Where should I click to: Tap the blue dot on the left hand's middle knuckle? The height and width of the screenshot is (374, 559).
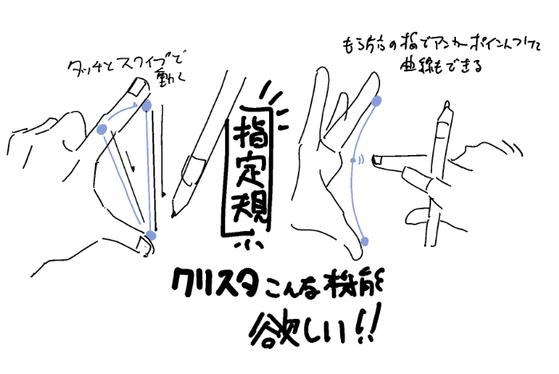(x=101, y=129)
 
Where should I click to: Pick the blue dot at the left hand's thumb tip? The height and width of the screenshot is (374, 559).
(x=151, y=234)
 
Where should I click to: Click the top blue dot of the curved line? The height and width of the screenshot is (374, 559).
(x=377, y=101)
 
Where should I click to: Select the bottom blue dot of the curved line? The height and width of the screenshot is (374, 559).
(x=365, y=241)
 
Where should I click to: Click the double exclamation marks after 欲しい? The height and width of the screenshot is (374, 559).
(x=369, y=324)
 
